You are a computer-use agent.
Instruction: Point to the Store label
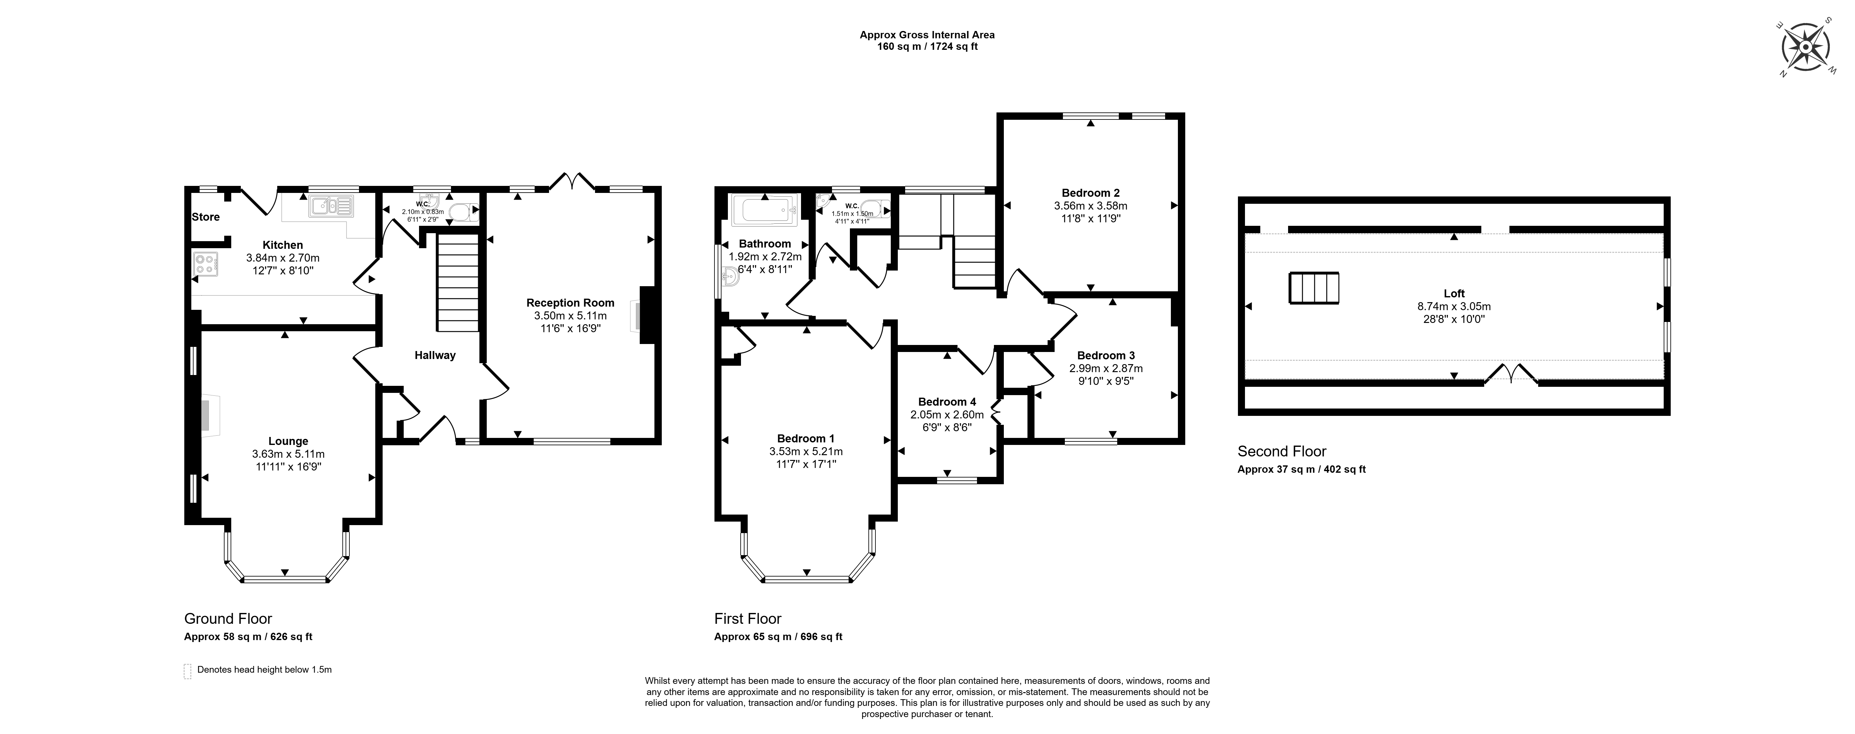[x=206, y=217]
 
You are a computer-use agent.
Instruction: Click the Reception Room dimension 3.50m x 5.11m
[x=570, y=316]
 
